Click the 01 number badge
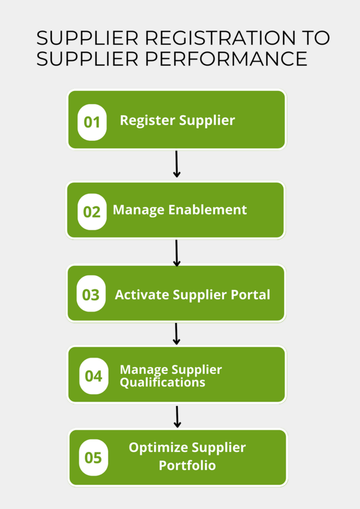pos(92,122)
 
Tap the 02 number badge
pos(92,212)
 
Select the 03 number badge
pos(91,295)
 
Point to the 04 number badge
pos(93,376)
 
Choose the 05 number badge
pos(93,457)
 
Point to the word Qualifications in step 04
pos(162,382)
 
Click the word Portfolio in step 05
pos(187,466)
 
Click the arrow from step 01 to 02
pos(177,164)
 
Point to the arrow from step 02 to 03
pos(177,253)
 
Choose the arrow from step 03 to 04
pos(177,334)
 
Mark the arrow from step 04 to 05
pos(177,416)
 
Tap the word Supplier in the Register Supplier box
pos(207,120)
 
